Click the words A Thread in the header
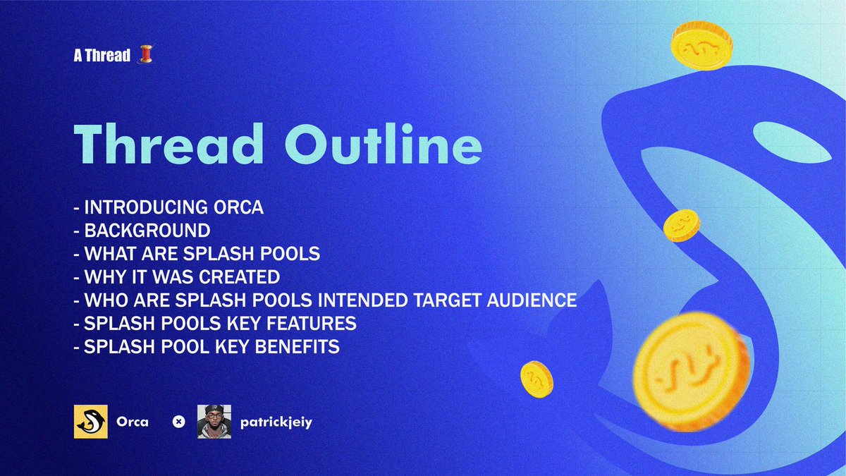[102, 56]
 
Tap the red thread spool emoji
[145, 55]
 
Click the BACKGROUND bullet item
[147, 231]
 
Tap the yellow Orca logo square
[91, 422]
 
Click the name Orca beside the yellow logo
[133, 422]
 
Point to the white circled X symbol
[179, 422]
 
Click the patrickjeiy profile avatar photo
[214, 422]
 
